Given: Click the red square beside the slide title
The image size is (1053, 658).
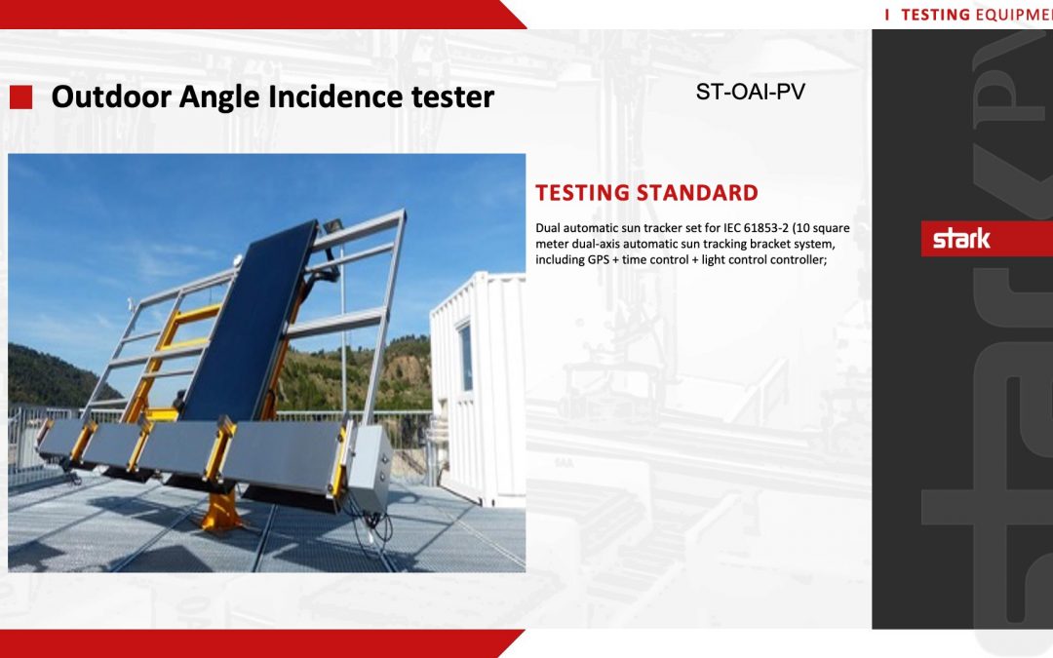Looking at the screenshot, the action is (20, 97).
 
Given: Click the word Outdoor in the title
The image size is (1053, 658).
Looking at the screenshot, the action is (111, 97).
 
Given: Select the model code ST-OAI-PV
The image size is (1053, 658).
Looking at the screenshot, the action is (750, 92).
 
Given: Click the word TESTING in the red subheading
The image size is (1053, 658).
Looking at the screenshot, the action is (583, 193).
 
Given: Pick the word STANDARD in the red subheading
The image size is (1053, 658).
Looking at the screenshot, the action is (698, 193).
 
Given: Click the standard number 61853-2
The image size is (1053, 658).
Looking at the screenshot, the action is (765, 228).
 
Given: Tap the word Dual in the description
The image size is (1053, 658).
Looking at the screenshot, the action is (547, 228).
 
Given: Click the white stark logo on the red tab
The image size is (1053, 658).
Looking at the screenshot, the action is (961, 239).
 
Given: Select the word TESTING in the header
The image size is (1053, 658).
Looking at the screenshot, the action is (935, 15).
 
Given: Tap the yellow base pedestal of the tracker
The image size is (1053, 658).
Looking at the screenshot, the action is (221, 509).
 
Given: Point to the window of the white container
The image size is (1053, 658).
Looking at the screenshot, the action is (465, 357).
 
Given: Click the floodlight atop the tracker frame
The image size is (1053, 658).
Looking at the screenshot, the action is (331, 227).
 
